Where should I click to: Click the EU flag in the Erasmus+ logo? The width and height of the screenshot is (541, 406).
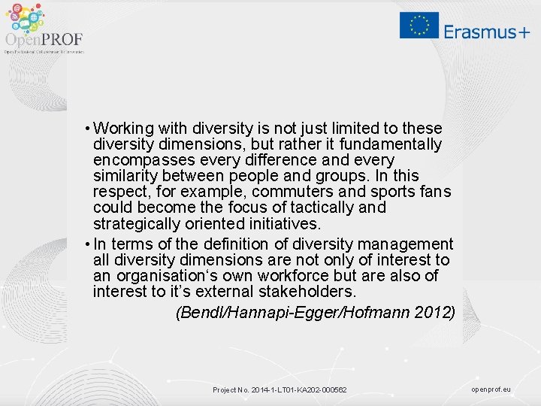(x=419, y=26)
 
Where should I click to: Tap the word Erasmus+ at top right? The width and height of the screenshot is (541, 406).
(x=486, y=31)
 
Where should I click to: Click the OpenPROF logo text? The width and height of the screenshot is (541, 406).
(x=44, y=39)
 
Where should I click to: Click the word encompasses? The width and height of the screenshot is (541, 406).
(x=135, y=160)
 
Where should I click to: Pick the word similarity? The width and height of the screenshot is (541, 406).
(x=122, y=176)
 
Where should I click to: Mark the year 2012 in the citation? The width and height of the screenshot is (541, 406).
(x=434, y=312)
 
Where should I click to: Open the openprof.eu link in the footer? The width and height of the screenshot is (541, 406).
(x=491, y=389)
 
